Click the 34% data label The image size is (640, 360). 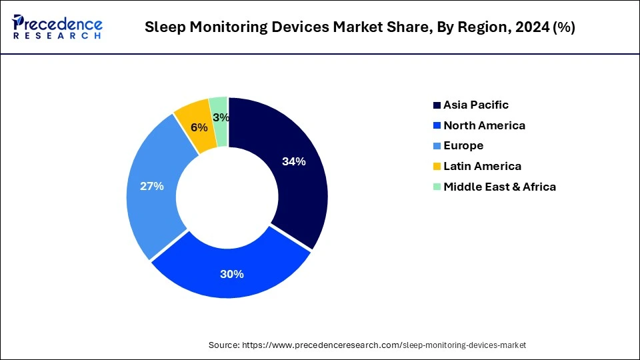(293, 161)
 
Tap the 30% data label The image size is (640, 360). (232, 274)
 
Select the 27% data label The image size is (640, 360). (151, 186)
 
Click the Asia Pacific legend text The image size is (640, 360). (476, 105)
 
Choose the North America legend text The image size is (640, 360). (484, 125)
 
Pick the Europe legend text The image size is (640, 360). (463, 145)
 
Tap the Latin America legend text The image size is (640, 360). (482, 166)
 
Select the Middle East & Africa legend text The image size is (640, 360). (499, 187)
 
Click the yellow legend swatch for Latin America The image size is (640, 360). (437, 167)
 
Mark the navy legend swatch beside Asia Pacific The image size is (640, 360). (437, 105)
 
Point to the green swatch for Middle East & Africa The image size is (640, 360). (437, 187)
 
